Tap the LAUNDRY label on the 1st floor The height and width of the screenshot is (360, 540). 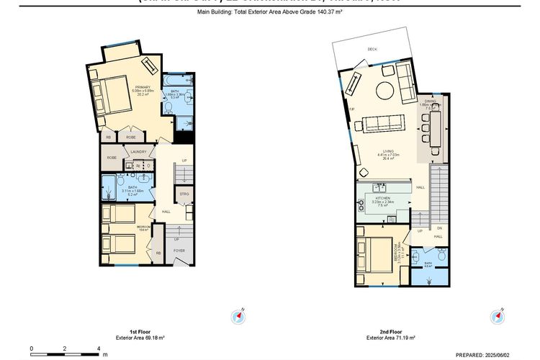(x=139, y=152)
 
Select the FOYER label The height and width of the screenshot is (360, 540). (x=179, y=251)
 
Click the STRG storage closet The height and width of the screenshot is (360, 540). (x=184, y=194)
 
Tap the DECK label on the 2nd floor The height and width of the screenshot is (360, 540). (x=372, y=49)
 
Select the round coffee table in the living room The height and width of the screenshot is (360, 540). (x=384, y=91)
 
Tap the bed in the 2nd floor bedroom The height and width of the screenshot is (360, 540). (x=374, y=256)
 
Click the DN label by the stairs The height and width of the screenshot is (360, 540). (x=438, y=228)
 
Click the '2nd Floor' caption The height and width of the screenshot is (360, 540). (x=391, y=332)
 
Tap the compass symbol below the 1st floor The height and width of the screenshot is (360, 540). (x=239, y=317)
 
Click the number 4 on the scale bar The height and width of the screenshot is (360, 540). (x=99, y=348)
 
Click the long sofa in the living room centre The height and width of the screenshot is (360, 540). (x=389, y=123)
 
